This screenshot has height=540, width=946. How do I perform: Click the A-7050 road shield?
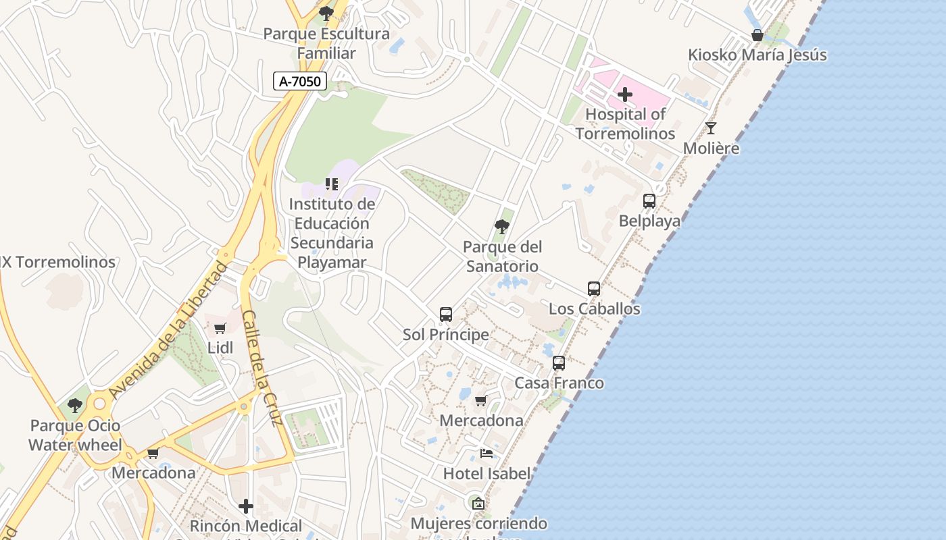[x=300, y=82]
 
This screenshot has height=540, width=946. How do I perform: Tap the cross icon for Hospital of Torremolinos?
[x=625, y=94]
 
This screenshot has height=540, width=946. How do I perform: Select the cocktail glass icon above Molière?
[x=711, y=128]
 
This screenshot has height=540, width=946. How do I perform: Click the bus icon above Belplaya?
[x=649, y=200]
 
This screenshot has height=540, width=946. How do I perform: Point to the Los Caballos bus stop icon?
[x=594, y=289]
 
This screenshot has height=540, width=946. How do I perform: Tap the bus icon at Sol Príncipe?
[x=446, y=315]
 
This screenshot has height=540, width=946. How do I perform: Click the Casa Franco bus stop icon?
[x=559, y=363]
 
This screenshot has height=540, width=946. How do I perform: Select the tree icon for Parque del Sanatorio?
[x=502, y=227]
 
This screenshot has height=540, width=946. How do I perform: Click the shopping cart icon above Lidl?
[x=220, y=329]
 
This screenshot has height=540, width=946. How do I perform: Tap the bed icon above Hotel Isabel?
[x=487, y=454]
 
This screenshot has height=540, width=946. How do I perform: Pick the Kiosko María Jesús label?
[x=757, y=55]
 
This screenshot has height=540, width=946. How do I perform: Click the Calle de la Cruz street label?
[x=262, y=368]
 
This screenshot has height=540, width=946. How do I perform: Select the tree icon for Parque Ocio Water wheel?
[x=75, y=406]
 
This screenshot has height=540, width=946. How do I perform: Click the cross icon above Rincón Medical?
[x=246, y=506]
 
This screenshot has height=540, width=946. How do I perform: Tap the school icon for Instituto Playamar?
[x=332, y=184]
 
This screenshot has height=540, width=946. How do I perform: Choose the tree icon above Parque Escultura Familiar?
[x=326, y=13]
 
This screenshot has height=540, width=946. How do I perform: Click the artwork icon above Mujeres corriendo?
[x=478, y=503]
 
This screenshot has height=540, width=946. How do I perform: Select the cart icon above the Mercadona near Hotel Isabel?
[x=481, y=401]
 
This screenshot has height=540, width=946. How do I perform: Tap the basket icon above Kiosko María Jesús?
[x=757, y=35]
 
